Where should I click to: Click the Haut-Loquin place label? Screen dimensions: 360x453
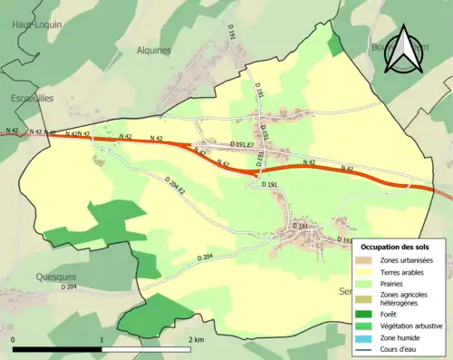click(36, 24)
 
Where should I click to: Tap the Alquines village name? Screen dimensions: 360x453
click(152, 51)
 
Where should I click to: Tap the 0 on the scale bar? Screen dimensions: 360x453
click(14, 339)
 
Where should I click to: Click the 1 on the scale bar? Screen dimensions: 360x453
click(101, 339)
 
